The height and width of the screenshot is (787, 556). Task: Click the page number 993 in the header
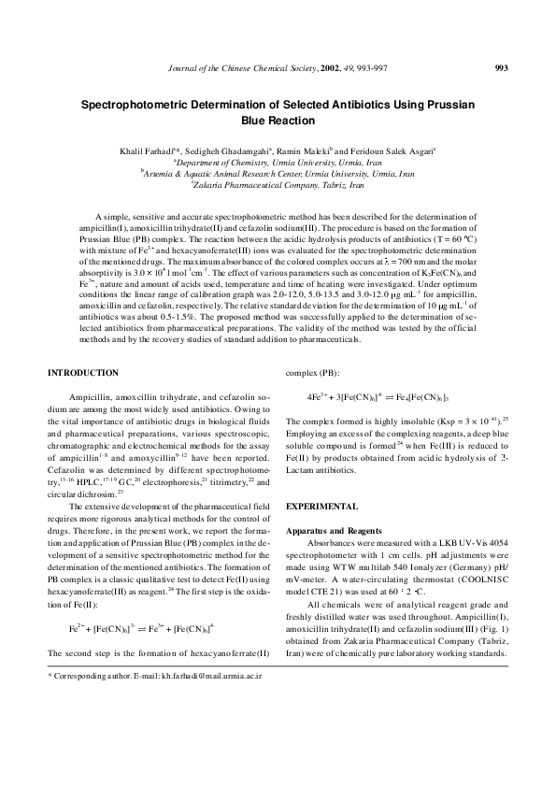(x=500, y=67)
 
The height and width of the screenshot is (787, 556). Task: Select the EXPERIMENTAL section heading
(x=321, y=506)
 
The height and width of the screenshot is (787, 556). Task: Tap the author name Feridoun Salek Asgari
(x=380, y=150)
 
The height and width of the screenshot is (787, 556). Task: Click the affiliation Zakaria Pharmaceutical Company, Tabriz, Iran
(x=278, y=186)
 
